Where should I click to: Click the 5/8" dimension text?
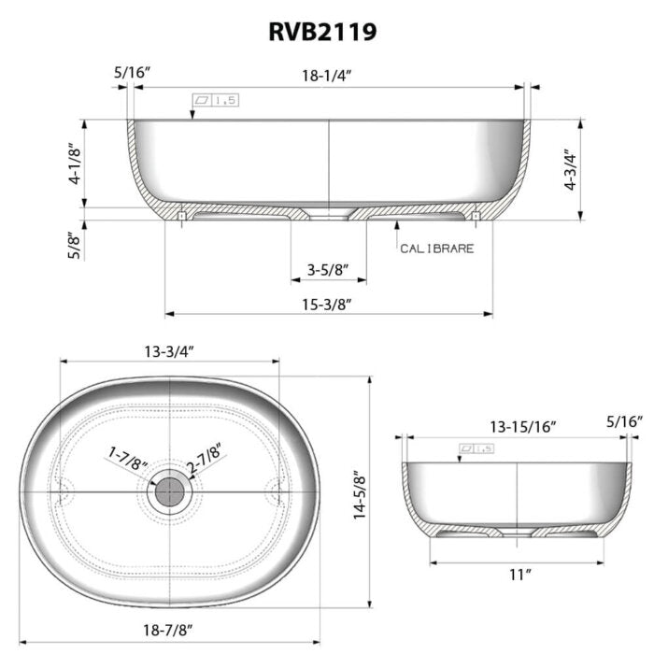coord(73,245)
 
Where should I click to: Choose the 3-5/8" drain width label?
coord(327,271)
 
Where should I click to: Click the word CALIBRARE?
coord(436,249)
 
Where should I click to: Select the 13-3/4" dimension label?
coord(169,350)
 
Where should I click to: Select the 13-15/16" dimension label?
coord(523,426)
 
